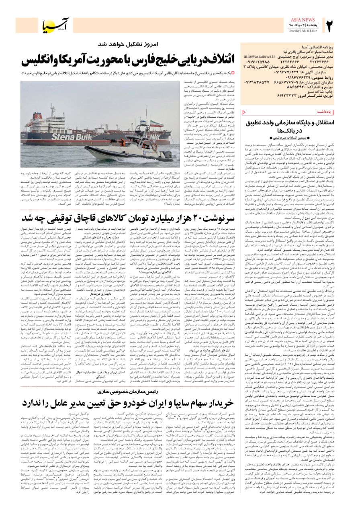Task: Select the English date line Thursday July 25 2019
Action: [x=303, y=31]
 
